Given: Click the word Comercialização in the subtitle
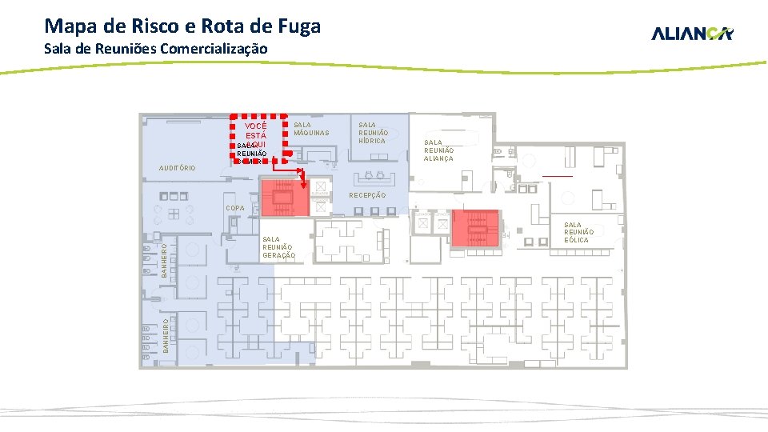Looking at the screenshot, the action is [x=214, y=49].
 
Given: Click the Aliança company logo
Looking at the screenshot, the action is [x=692, y=34].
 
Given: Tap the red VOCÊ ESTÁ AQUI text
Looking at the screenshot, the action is [x=256, y=135].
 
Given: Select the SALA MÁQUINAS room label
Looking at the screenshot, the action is [x=311, y=129].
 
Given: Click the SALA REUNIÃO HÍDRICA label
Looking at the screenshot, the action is [x=373, y=133].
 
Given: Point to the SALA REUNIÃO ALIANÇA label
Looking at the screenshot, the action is [x=438, y=150].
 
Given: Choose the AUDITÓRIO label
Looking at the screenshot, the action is [x=177, y=169].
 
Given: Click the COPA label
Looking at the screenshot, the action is [x=235, y=208].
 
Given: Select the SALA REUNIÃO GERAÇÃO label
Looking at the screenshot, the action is [x=278, y=247].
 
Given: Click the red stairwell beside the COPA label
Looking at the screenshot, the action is [x=284, y=198].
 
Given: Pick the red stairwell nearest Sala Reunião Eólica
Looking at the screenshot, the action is [x=475, y=228].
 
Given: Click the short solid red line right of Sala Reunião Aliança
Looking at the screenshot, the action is [x=557, y=176].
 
